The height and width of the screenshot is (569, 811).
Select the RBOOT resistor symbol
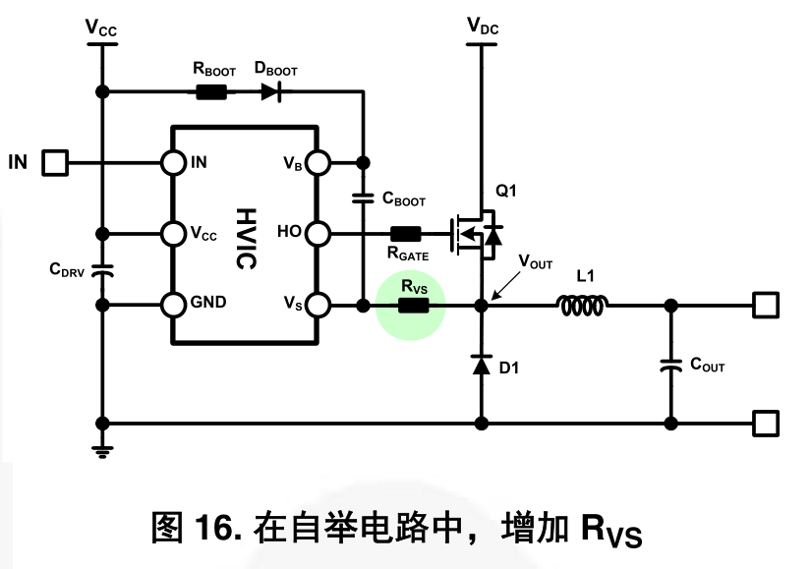pos(211,92)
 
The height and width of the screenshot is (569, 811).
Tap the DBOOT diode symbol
pos(270,92)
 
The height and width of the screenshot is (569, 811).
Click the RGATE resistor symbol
pos(406,234)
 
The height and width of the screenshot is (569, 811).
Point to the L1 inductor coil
pos(584,306)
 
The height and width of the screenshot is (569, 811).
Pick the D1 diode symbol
pos(481,365)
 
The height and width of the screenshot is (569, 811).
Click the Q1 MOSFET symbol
pos(478,234)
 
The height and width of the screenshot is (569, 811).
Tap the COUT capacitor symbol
pos(670,365)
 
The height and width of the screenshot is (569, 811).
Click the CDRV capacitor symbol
pos(101,269)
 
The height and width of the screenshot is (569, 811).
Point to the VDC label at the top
pos(482,27)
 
